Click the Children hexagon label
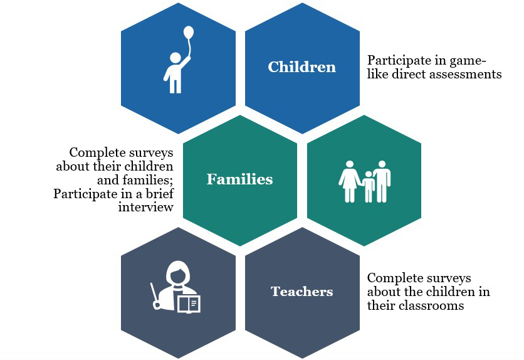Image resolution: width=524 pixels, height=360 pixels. (301, 67)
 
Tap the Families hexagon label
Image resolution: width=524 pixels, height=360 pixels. (239, 179)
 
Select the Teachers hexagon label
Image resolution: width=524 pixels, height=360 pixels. (301, 292)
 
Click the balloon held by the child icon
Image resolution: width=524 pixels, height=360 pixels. (188, 33)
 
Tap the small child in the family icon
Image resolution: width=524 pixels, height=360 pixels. (368, 186)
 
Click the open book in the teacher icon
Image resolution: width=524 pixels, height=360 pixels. (189, 304)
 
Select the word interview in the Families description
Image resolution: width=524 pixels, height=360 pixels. (145, 207)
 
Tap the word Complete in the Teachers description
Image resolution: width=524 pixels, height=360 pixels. (393, 278)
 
